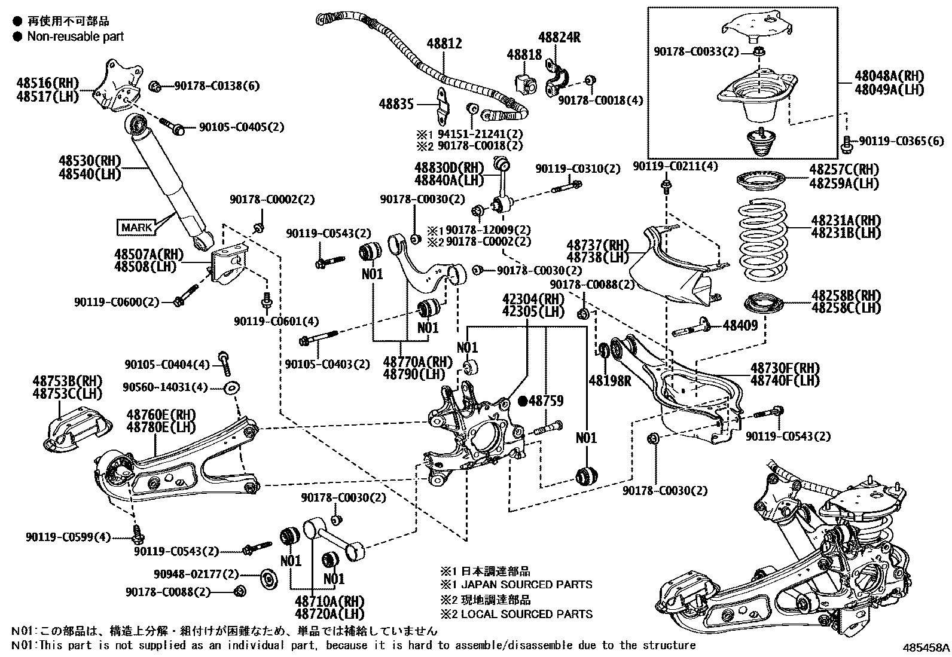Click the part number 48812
pyautogui.click(x=444, y=43)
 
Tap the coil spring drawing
pyautogui.click(x=764, y=246)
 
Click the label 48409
pyautogui.click(x=740, y=325)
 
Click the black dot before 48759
pyautogui.click(x=522, y=401)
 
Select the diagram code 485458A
pyautogui.click(x=926, y=647)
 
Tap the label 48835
pyautogui.click(x=396, y=104)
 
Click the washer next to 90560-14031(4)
pyautogui.click(x=230, y=388)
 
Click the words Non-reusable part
pyautogui.click(x=75, y=36)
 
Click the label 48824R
pyautogui.click(x=559, y=37)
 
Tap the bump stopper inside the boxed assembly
pyautogui.click(x=762, y=143)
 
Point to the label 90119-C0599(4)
pyautogui.click(x=68, y=537)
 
